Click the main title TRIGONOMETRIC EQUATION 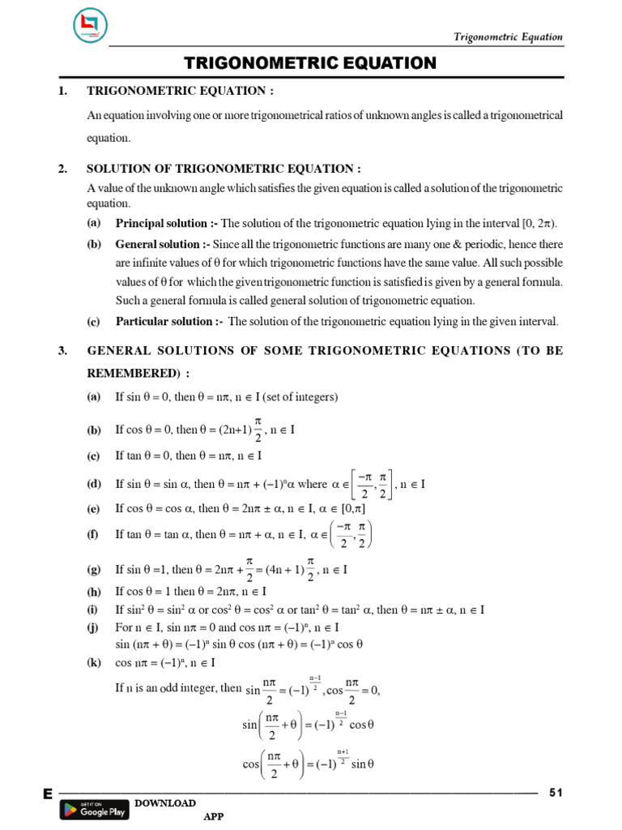coord(310,63)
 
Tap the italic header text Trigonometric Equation coord(508,37)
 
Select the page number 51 coord(556,792)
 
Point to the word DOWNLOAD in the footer coord(165,802)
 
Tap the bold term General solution coord(159,244)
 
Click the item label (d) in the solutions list coord(94,484)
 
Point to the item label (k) coord(94,662)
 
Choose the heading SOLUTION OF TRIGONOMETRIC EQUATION coord(222,169)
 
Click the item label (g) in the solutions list coord(94,570)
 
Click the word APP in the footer coord(214,817)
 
